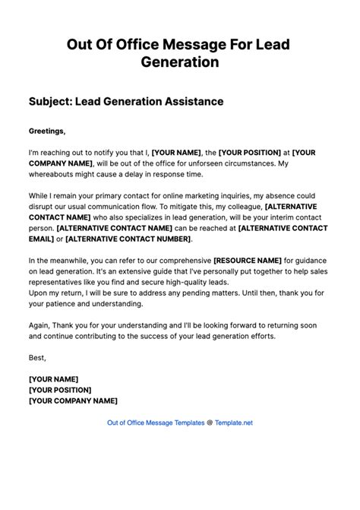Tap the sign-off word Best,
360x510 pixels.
[37, 357]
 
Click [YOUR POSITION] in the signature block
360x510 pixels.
[64, 389]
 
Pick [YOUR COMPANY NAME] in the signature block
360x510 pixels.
[73, 401]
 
